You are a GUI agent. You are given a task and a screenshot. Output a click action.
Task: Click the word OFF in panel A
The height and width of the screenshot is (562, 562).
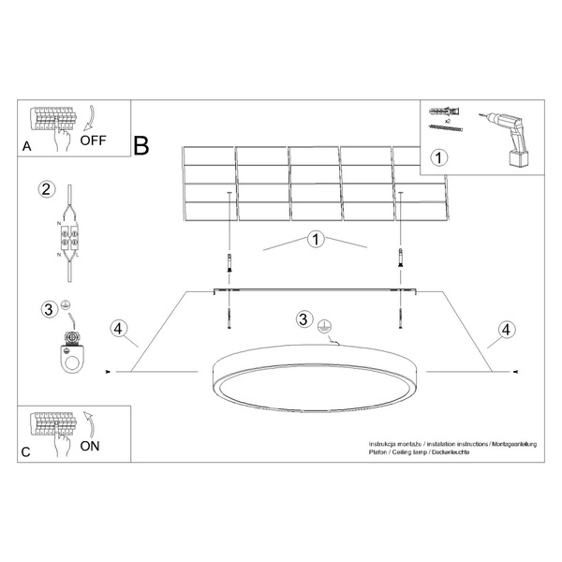coord(94,142)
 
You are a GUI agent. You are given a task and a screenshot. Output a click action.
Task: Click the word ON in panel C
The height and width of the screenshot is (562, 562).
coord(90,445)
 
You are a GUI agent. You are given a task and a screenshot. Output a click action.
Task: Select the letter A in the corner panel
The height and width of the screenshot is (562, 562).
coord(26,147)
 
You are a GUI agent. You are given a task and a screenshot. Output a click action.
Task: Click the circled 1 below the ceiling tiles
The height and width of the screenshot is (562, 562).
coord(316,240)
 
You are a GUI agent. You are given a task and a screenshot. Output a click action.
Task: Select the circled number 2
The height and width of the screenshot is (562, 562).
coord(45,190)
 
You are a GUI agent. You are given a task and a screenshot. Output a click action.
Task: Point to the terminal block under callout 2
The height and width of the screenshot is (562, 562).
coord(68,240)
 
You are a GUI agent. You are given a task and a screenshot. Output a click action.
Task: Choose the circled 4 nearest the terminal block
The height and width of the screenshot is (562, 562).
coord(118,329)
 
